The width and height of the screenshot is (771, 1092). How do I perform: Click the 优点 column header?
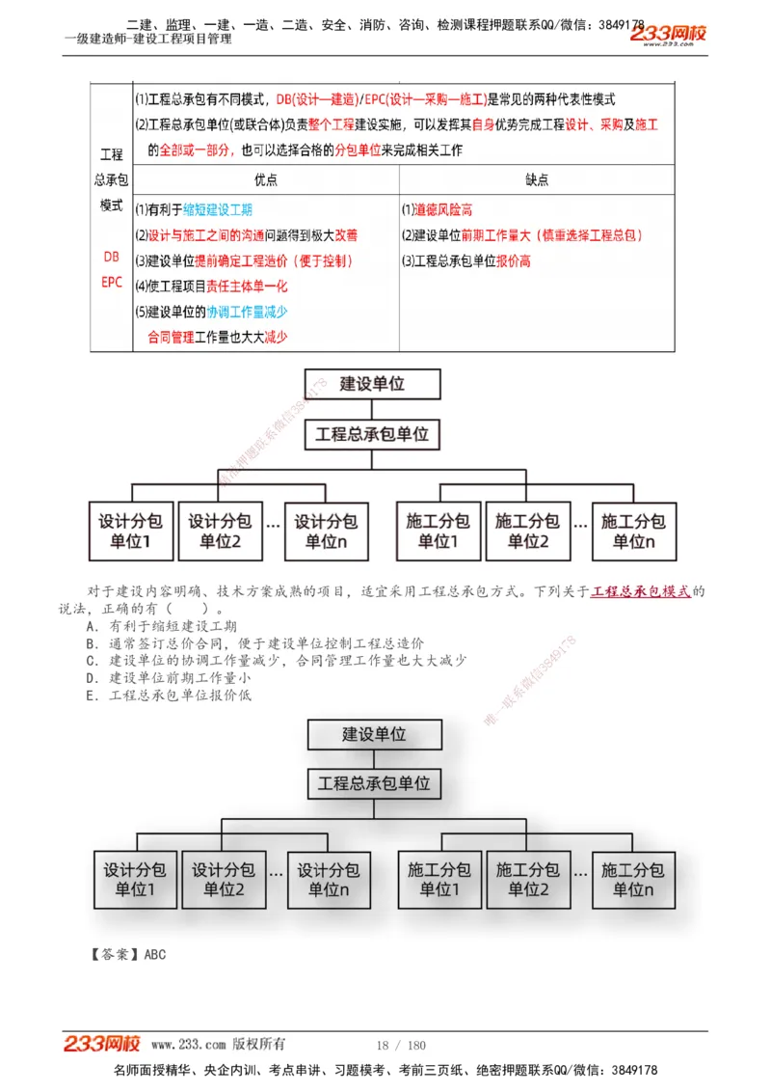[266, 179]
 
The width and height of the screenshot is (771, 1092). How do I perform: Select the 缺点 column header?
[538, 179]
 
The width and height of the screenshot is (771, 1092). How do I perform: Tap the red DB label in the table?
[112, 258]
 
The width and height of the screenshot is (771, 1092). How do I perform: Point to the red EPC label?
[112, 283]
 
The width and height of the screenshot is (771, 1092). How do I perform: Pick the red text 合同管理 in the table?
[171, 338]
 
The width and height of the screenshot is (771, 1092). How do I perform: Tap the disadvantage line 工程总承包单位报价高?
[466, 260]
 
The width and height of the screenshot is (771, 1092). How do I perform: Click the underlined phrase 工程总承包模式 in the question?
[641, 591]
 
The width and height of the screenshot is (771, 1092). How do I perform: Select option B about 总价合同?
[254, 643]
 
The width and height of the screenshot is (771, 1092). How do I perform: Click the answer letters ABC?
[155, 955]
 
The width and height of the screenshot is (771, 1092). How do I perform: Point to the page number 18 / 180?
[401, 1046]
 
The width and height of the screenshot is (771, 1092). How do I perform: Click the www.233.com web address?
[189, 1045]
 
